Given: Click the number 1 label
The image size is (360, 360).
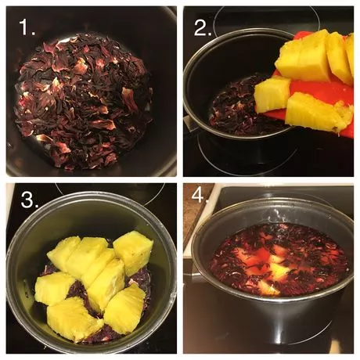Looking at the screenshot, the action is tap(27, 27).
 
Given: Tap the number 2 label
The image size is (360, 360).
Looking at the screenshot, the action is tap(203, 27).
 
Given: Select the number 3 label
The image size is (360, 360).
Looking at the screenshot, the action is tap(30, 200).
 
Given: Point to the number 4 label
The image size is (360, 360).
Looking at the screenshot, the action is tap(200, 194).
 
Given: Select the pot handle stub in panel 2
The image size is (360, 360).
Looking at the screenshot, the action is tap(189, 123).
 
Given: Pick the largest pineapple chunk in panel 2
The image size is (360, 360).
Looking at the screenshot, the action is tap(304, 56).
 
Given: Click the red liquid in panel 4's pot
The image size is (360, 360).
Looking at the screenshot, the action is tap(279, 260).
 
